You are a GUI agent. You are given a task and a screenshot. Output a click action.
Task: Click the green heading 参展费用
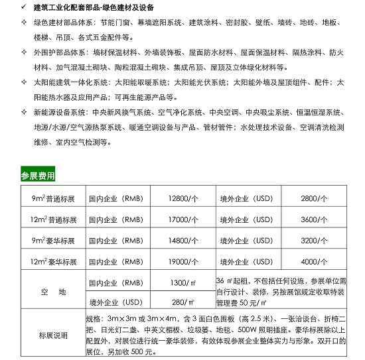[38, 176]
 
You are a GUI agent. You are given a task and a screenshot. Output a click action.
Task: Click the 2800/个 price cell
[314, 198]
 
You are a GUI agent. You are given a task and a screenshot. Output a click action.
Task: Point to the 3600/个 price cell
[314, 219]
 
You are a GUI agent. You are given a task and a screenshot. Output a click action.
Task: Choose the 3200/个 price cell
[314, 240]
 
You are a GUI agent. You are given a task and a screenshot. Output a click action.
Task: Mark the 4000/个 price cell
[314, 261]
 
